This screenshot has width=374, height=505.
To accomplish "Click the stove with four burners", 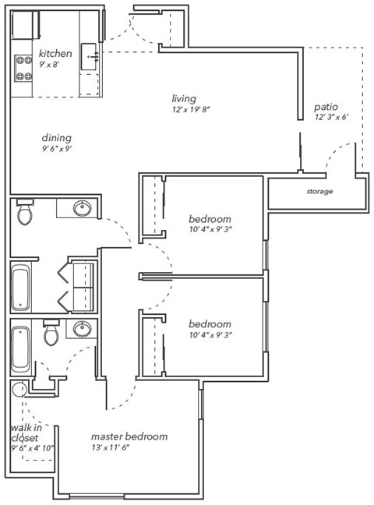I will click(23, 69).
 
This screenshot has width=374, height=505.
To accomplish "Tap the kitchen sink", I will click(91, 56).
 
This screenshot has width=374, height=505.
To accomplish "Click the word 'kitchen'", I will click(55, 54).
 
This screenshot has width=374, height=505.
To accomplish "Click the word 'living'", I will click(183, 98).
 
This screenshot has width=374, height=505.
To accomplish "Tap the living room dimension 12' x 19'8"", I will click(192, 110).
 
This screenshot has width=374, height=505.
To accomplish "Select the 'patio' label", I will click(326, 107).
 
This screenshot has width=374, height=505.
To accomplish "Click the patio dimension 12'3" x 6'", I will click(331, 118).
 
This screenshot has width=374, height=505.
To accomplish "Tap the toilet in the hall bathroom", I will click(25, 213).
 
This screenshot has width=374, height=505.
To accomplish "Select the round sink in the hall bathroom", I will click(81, 209).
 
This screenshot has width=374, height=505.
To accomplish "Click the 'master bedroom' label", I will click(129, 436).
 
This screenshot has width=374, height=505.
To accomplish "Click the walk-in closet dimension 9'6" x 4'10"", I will click(31, 448).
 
